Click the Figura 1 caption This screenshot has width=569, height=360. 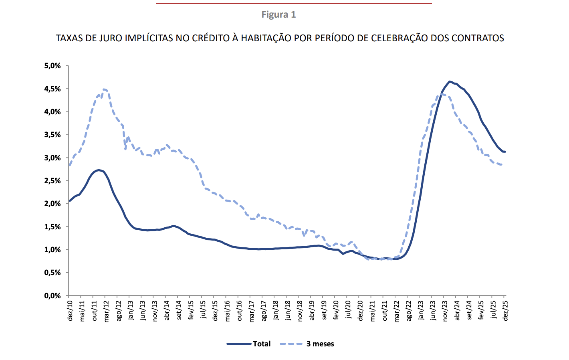tap(278, 15)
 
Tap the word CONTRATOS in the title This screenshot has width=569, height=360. tap(478, 38)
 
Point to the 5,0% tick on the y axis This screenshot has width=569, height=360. tap(52, 66)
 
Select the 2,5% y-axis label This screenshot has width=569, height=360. tap(52, 181)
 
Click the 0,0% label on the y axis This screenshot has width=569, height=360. tap(52, 296)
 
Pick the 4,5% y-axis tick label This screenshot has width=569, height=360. tap(52, 89)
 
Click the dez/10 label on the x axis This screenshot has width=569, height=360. tap(70, 310)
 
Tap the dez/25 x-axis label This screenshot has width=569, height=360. tap(505, 310)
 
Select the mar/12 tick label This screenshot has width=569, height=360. tap(107, 311)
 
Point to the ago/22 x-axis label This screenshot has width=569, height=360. tap(409, 310)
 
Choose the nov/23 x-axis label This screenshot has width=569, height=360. tap(445, 311)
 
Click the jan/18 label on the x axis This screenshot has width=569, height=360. tap(276, 310)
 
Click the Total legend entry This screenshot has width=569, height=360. tap(262, 344)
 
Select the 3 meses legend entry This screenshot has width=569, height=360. tap(320, 344)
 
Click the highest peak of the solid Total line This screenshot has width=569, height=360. tap(450, 81)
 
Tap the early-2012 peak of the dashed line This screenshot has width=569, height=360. tap(104, 89)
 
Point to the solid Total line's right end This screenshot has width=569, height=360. tap(505, 152)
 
